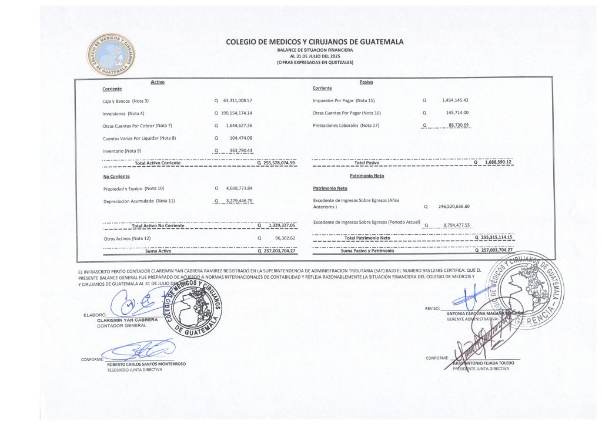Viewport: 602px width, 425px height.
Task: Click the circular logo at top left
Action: (112, 55)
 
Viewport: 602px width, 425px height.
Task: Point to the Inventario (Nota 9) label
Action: (122, 151)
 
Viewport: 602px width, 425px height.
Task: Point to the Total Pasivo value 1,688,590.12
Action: (496, 163)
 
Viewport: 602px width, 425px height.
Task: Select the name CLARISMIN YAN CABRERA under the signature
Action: (128, 320)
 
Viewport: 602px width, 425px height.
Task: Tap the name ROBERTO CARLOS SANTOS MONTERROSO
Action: (146, 364)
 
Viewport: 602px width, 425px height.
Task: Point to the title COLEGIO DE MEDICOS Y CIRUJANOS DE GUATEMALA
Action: (315, 42)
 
